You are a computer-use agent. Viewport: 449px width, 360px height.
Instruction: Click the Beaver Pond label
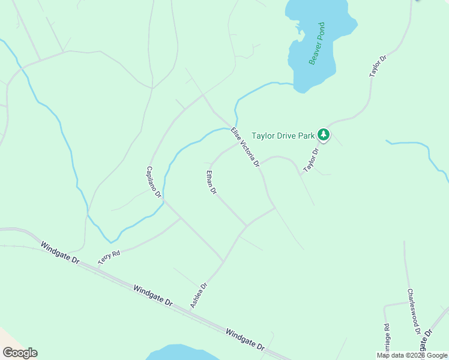click(x=317, y=44)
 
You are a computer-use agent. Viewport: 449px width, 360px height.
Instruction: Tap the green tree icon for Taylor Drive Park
click(x=324, y=135)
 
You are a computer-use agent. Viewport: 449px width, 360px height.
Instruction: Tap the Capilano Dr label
click(x=154, y=182)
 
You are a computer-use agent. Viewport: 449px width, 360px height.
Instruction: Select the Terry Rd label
click(x=109, y=258)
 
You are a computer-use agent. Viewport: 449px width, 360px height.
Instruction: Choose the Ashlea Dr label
click(x=199, y=296)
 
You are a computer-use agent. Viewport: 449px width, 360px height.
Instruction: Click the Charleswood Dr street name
click(x=413, y=311)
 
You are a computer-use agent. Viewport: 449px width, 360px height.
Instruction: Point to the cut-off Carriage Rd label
click(x=387, y=337)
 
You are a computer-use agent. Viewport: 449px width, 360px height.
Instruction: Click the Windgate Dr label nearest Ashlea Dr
click(x=152, y=296)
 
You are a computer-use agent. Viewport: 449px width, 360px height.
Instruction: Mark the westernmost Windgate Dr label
click(x=60, y=253)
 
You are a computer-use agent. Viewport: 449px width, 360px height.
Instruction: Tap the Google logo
click(x=20, y=353)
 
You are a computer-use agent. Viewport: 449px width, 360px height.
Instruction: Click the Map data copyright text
click(x=412, y=355)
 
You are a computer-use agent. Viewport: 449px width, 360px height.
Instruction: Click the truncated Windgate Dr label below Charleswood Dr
click(x=427, y=339)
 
